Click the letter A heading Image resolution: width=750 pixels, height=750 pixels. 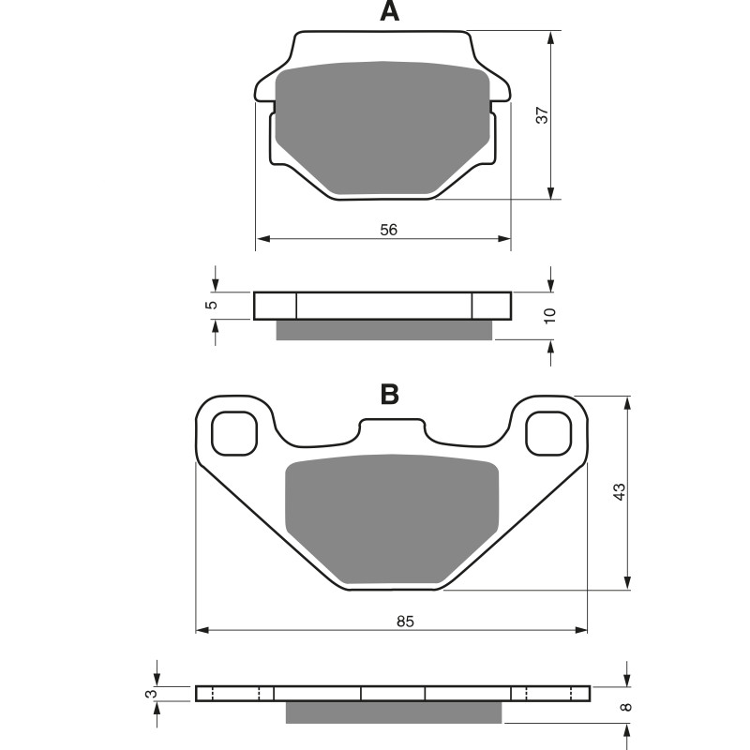(389, 11)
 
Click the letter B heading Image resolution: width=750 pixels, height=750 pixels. (389, 395)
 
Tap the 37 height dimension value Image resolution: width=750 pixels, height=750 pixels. (543, 115)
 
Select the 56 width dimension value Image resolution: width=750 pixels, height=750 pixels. (388, 230)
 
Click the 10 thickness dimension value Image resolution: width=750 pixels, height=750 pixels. (550, 315)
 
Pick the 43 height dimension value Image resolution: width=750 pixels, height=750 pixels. (619, 492)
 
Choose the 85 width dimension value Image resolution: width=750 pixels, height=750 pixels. (405, 622)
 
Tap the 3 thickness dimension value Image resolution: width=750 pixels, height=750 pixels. (151, 693)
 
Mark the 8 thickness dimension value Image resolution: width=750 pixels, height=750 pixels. (626, 707)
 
